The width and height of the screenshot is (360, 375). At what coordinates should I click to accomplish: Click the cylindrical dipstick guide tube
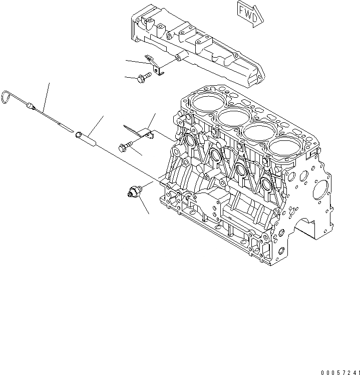(x=86, y=138)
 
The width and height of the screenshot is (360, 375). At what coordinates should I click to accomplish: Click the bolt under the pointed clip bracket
(x=125, y=146)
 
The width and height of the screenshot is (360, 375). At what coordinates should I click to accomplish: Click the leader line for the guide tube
(x=98, y=125)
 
